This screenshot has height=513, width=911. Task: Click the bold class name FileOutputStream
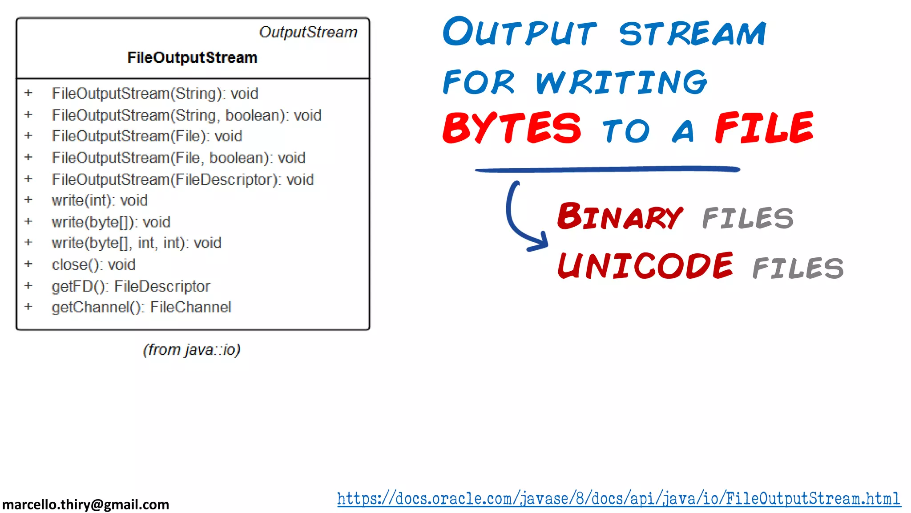pos(192,57)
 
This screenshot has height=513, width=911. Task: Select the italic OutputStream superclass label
pos(308,32)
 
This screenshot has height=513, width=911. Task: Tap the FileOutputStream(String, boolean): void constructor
pos(186,115)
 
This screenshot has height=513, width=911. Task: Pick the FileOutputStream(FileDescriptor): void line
pos(182,179)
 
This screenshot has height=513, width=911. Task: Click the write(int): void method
pos(100,200)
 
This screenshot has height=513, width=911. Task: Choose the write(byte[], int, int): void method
pos(136,243)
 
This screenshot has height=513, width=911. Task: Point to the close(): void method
pos(93,265)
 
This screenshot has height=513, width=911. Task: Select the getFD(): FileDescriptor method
pos(131,286)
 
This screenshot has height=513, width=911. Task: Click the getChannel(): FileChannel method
pos(141,307)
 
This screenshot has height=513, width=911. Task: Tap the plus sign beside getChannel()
pos(28,306)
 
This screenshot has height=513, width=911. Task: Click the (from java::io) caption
pos(192,350)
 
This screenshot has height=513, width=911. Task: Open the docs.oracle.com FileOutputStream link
pos(618,499)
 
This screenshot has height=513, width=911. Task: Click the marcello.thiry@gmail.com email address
pos(86,505)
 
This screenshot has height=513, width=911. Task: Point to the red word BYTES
pos(512,128)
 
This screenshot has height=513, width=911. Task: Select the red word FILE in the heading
pos(764,128)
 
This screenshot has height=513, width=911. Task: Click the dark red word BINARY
pos(620,217)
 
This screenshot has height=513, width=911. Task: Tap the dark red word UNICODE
pos(645,266)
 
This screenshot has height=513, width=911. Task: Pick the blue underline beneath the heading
pos(607,169)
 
